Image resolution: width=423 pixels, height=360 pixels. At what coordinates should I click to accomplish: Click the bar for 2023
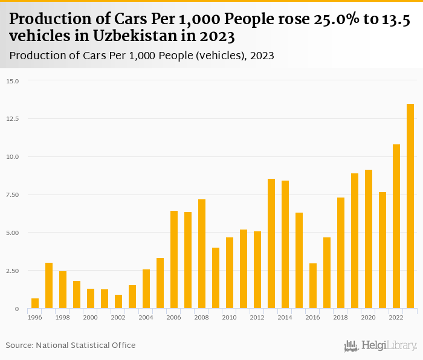click(410, 206)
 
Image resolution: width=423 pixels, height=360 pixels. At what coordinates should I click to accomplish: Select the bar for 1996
click(35, 303)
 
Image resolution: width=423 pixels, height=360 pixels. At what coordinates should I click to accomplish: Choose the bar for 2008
click(202, 254)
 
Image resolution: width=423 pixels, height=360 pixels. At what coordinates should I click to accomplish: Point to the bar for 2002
click(118, 301)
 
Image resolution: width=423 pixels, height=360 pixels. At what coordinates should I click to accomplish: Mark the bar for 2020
click(369, 239)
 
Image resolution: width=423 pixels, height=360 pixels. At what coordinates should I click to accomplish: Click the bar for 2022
click(396, 227)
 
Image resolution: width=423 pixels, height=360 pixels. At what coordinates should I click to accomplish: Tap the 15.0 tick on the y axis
click(13, 81)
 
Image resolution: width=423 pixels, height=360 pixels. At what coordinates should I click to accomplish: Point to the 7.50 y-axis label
click(13, 194)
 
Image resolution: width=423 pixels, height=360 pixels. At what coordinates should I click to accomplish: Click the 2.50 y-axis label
click(13, 271)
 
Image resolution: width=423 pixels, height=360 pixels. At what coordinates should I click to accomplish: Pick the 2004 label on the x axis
click(146, 317)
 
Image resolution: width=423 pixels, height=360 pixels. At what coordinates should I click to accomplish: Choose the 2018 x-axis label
click(340, 317)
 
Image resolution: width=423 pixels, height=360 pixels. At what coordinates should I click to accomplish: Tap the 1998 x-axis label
click(62, 317)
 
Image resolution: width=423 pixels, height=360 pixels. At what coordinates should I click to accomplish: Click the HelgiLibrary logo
click(381, 346)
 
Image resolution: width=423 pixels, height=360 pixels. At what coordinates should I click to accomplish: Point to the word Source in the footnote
click(19, 345)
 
